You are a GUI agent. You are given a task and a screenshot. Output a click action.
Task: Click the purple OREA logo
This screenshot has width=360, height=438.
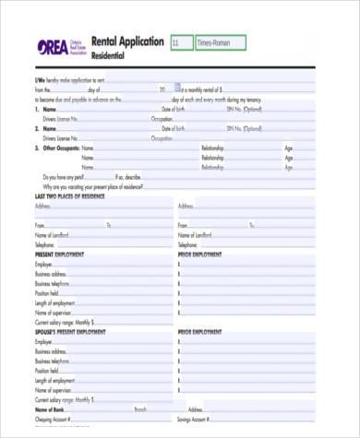click(52, 47)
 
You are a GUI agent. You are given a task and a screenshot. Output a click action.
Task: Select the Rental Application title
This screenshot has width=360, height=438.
click(127, 42)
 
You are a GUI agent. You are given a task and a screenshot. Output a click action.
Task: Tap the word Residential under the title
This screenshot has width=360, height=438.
click(108, 56)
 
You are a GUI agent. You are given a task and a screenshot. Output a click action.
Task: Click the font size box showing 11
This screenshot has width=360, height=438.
click(180, 42)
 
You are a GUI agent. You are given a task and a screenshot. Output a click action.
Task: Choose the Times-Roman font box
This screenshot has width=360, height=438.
click(220, 42)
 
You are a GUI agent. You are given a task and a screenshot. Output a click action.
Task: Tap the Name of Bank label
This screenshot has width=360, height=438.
click(51, 408)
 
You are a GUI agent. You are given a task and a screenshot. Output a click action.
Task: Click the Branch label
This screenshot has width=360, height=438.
click(140, 408)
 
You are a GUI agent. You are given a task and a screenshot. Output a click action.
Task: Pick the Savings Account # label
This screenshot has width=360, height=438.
click(203, 418)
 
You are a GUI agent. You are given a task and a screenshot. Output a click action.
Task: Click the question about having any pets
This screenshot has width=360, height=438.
click(64, 176)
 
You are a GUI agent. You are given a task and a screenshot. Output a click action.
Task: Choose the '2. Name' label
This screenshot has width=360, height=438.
click(45, 128)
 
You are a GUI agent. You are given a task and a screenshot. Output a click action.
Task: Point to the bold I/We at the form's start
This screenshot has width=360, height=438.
click(39, 81)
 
